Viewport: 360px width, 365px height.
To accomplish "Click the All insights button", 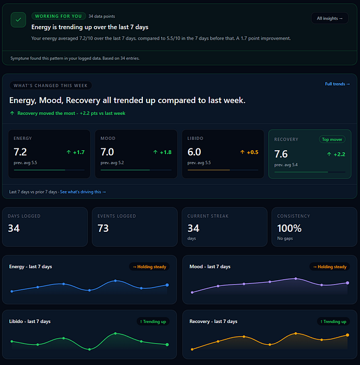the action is click(330, 18).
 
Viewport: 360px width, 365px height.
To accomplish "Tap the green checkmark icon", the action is click(18, 20).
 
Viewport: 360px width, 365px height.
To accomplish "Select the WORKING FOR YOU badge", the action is click(58, 16).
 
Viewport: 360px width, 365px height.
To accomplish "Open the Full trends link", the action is click(337, 84).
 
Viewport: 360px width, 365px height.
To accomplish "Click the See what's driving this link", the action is click(83, 192).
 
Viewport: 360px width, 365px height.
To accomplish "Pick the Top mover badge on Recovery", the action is click(332, 139).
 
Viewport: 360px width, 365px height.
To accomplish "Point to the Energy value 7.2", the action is click(20, 152).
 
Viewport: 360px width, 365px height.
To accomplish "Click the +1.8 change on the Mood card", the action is click(162, 152).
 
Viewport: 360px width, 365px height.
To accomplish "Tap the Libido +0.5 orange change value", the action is click(249, 152).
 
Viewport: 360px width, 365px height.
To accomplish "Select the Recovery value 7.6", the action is click(281, 154).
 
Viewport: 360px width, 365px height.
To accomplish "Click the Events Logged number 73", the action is click(103, 228).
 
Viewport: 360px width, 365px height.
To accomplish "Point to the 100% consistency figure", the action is click(289, 228).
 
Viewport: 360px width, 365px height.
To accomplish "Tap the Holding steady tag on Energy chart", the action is click(150, 267).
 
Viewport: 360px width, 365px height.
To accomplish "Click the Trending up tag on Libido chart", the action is click(153, 321).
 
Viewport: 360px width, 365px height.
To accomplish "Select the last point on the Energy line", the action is click(167, 285).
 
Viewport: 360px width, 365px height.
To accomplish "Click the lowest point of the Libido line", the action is click(89, 349).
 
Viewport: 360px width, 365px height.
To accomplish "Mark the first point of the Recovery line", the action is click(192, 349).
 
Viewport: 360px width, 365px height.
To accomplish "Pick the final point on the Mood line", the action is click(347, 283).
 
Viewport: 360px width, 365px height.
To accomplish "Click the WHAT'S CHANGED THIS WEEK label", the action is click(50, 85).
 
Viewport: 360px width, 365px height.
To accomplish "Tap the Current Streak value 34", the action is click(193, 228).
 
